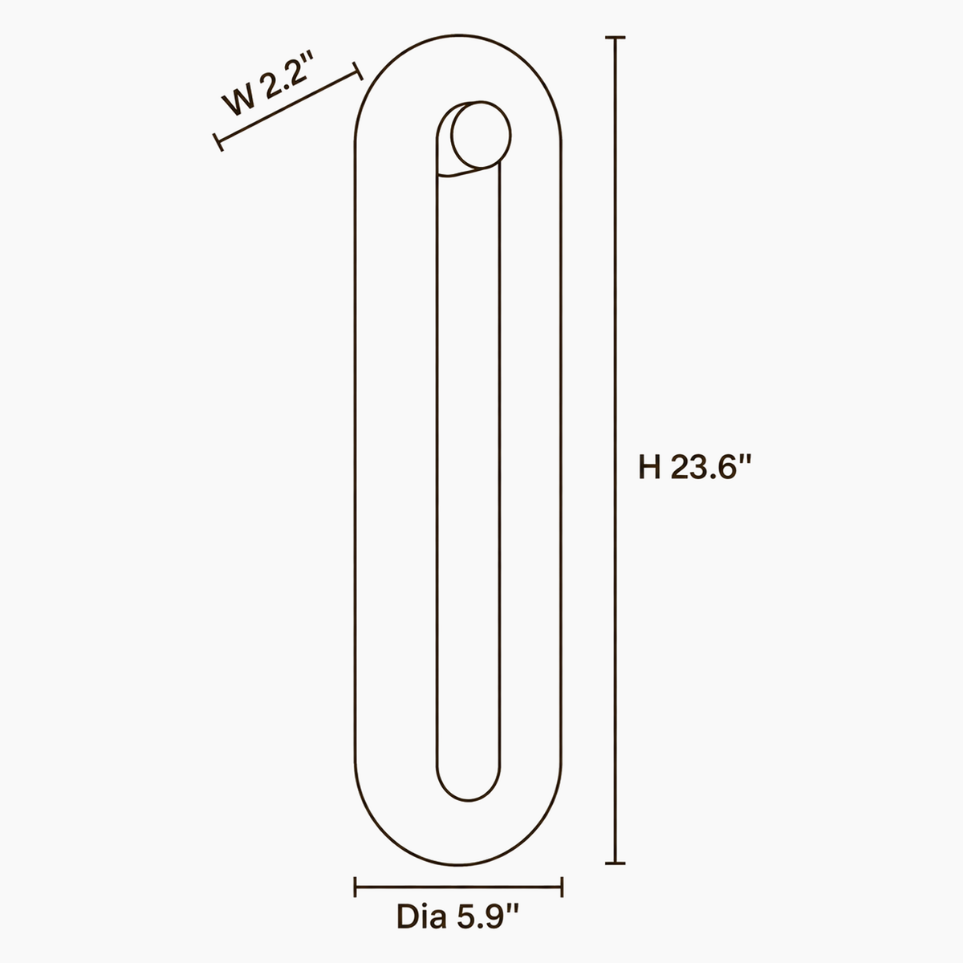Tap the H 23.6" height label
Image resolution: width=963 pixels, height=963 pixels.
coord(695,467)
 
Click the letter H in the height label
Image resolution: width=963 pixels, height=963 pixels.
coord(650,467)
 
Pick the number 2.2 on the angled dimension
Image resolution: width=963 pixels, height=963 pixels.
coord(282,79)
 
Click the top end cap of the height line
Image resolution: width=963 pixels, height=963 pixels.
coord(616,38)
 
